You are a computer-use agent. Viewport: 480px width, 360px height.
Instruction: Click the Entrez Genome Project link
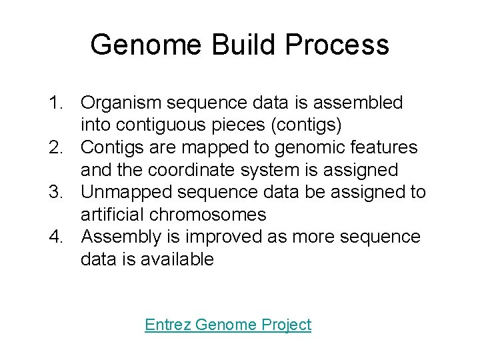(x=228, y=325)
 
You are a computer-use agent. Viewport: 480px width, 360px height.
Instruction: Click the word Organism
(x=122, y=103)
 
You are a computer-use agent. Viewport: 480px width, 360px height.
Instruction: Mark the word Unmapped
(x=124, y=193)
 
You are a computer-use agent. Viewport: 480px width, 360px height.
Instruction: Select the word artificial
(x=115, y=215)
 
